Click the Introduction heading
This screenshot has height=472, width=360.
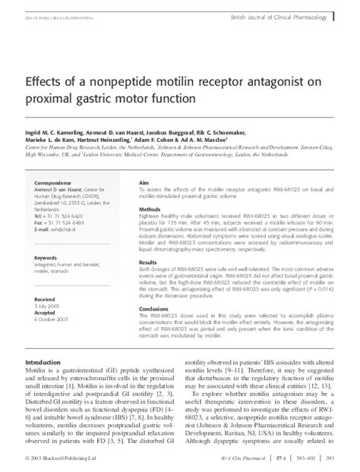click(x=47, y=364)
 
